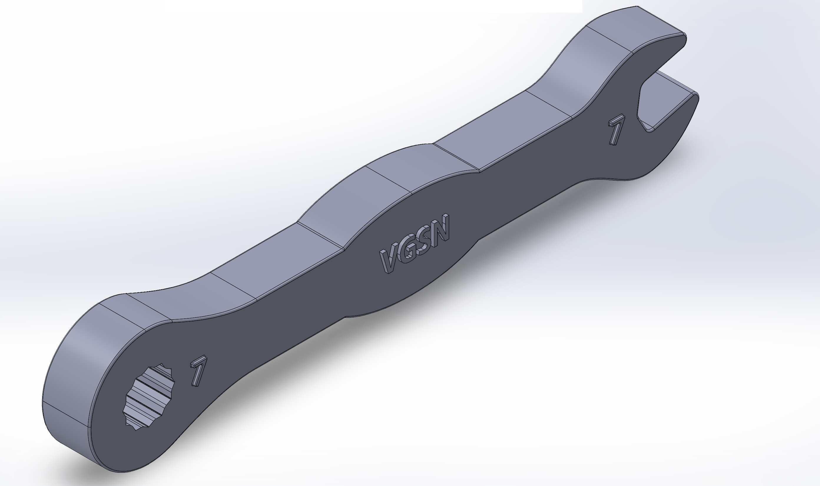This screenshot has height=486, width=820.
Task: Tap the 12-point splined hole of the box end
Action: (x=149, y=396)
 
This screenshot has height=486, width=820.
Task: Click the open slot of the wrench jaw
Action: (x=668, y=98)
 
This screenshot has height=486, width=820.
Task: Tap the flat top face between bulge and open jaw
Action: (x=501, y=131)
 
